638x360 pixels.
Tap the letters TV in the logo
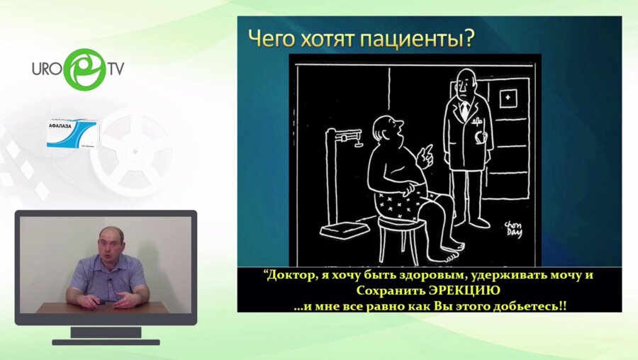pos(116,69)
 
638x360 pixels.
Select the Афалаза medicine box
pos(72,133)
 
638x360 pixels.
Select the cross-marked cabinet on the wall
pos(508,99)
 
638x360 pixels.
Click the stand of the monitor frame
pos(106,332)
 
